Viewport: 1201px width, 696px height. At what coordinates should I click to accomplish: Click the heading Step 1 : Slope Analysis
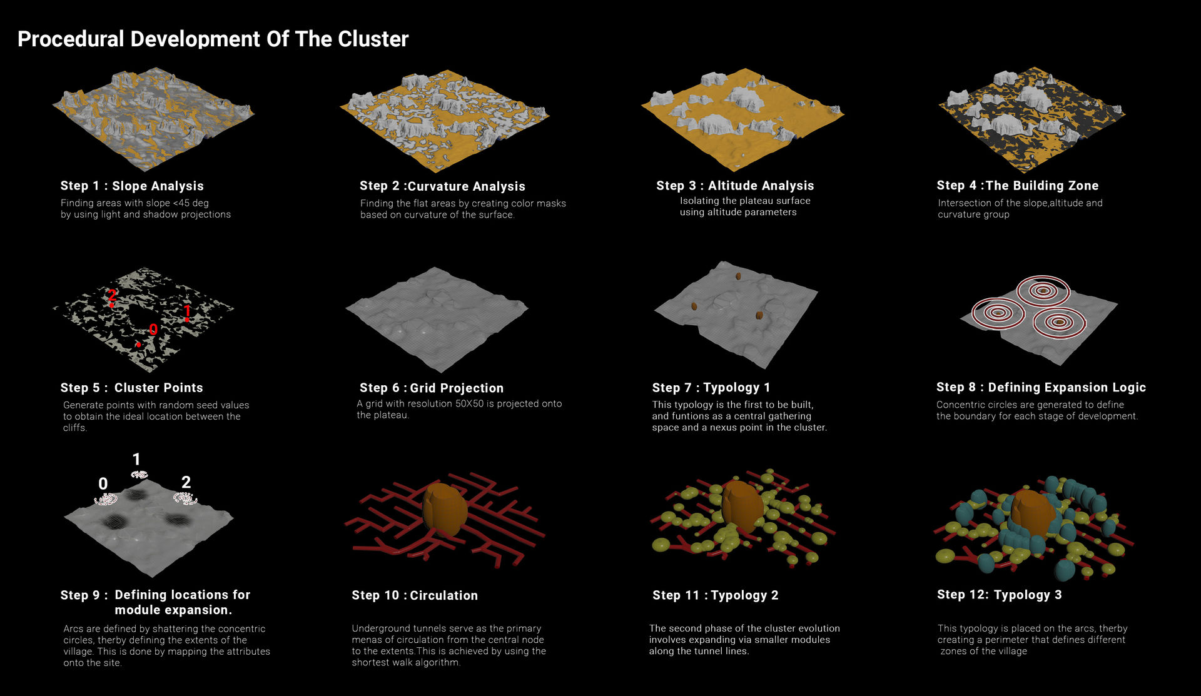pos(132,186)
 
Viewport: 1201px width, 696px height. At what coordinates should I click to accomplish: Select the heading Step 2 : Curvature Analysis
pos(442,186)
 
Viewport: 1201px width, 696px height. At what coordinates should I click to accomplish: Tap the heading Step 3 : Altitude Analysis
pos(735,186)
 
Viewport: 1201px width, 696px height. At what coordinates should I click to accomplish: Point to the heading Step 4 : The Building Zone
pos(1018,186)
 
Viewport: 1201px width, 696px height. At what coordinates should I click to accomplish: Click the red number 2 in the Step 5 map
pos(111,296)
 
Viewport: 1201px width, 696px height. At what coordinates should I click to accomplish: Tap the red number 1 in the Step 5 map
pos(186,311)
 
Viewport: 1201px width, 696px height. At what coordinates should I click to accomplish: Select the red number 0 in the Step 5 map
pos(153,330)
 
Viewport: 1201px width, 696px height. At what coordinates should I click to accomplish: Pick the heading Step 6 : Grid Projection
pos(431,388)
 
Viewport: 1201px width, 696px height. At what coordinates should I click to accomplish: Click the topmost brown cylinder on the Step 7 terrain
pos(738,276)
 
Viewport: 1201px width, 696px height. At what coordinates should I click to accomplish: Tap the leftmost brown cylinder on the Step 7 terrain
pos(694,306)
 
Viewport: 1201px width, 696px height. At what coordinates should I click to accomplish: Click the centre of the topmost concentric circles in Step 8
pos(1043,291)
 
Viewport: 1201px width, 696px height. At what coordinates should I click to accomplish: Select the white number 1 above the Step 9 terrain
pos(136,460)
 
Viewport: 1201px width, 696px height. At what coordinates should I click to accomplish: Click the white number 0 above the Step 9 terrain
pos(103,483)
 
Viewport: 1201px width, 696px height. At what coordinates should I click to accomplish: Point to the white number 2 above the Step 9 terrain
pos(186,482)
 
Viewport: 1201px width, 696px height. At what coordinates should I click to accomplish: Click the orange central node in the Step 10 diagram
pos(445,510)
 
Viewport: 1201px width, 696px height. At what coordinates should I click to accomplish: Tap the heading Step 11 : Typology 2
pos(716,595)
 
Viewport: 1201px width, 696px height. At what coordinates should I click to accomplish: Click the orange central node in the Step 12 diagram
pos(1032,513)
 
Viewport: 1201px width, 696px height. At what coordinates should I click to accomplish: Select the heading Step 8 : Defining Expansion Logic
pos(1041,388)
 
